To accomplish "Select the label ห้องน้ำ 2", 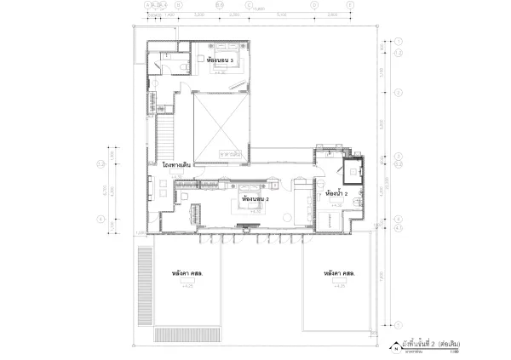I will coord(336,194).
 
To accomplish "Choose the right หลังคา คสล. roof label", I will coord(339,273).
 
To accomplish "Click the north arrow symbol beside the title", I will coord(395,346).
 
